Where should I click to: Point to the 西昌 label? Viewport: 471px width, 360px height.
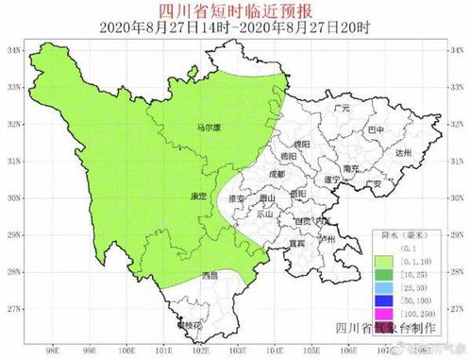[x=210, y=275]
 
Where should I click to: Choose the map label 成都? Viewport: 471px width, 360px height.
[x=276, y=173]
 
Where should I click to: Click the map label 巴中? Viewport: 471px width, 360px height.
[x=376, y=129]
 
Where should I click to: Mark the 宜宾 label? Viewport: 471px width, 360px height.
[x=296, y=242]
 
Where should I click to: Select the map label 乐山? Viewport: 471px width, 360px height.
[x=264, y=214]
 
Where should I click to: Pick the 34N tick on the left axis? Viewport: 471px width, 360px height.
[x=13, y=49]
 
